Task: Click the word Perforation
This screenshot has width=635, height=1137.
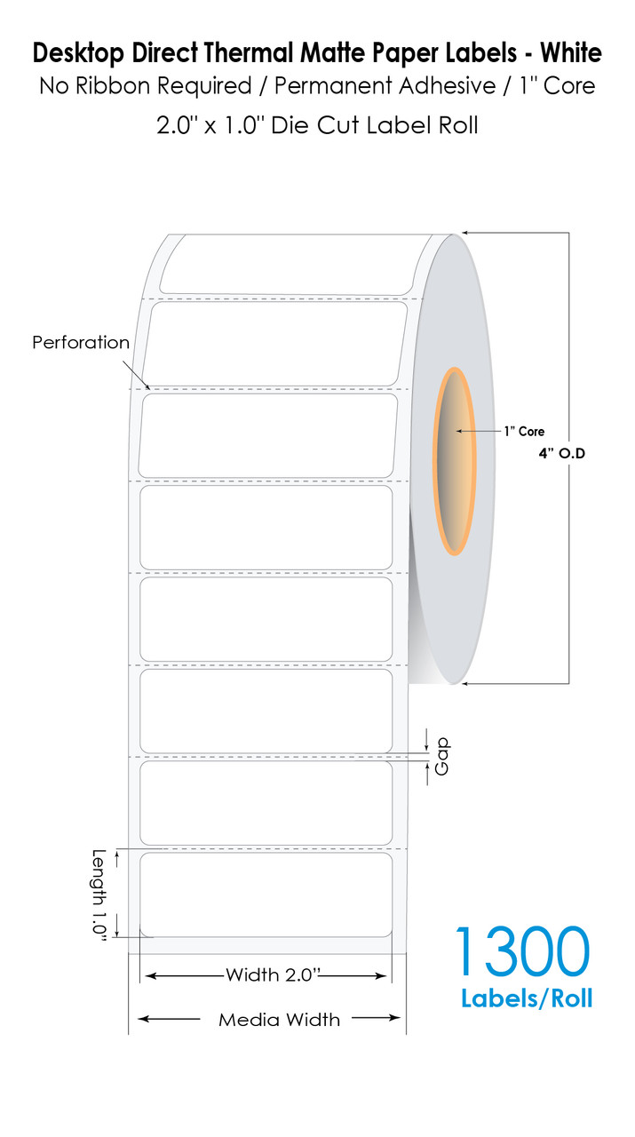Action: [81, 342]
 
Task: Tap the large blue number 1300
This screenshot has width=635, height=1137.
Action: [522, 950]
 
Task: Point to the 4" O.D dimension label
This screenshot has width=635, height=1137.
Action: [562, 453]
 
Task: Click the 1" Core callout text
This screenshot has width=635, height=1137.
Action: [524, 431]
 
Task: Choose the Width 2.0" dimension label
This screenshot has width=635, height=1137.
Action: [273, 974]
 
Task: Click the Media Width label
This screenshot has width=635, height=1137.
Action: [279, 1019]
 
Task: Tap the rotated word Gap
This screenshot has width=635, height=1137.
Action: [442, 756]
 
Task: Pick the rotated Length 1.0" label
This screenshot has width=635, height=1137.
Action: [99, 895]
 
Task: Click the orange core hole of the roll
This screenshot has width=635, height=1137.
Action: [455, 461]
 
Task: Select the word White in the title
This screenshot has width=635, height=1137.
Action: [571, 52]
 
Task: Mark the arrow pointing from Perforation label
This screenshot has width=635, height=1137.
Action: [137, 375]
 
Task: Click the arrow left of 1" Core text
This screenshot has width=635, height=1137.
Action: [478, 431]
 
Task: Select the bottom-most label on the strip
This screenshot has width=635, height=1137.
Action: [266, 894]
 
